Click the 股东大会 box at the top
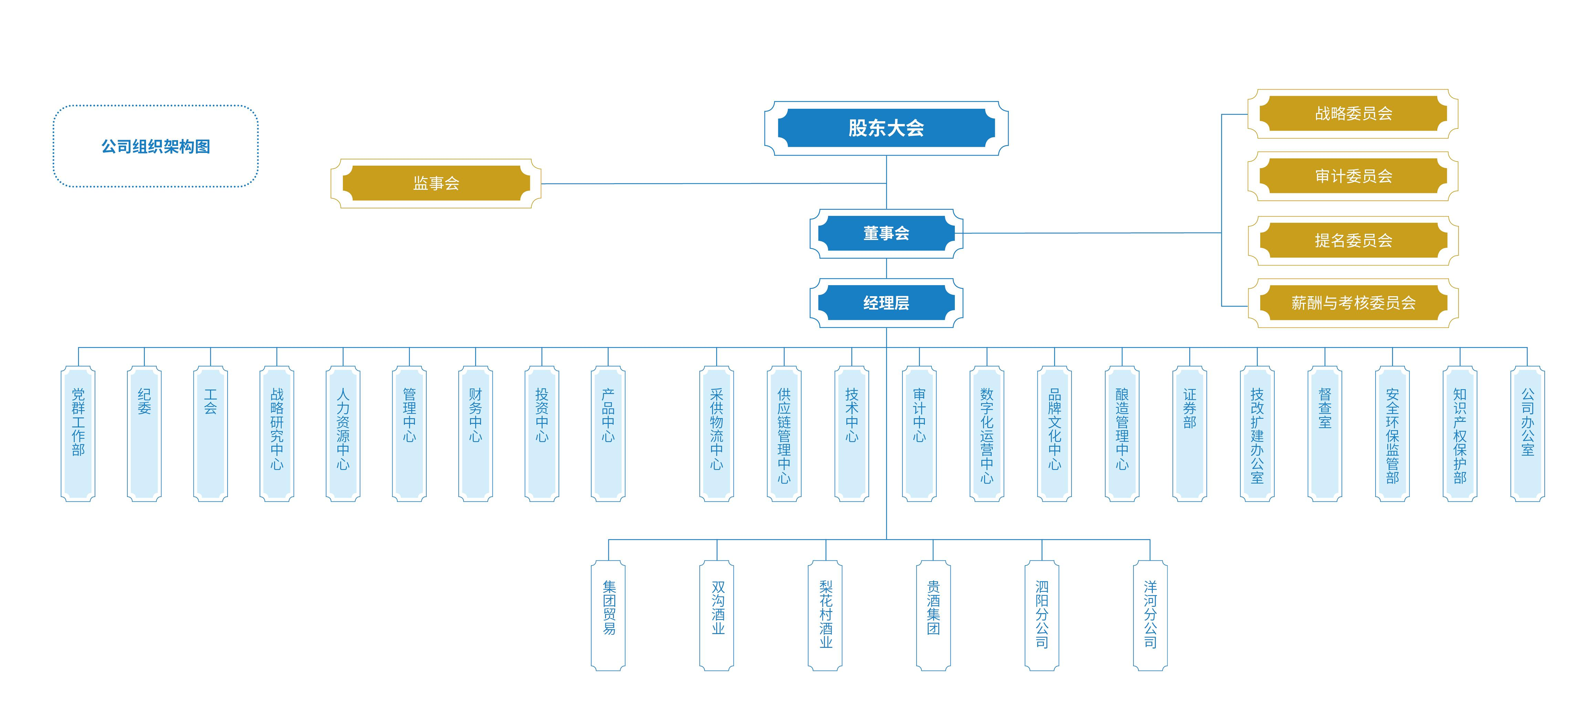(886, 128)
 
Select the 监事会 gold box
(436, 183)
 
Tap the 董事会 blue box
(886, 233)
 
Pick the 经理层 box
(886, 303)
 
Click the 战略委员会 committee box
(1353, 113)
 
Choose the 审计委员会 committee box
(1353, 176)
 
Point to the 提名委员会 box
(1353, 240)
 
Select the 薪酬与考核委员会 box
(1353, 303)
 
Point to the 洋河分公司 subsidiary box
(1150, 615)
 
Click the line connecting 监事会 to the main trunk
(713, 184)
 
